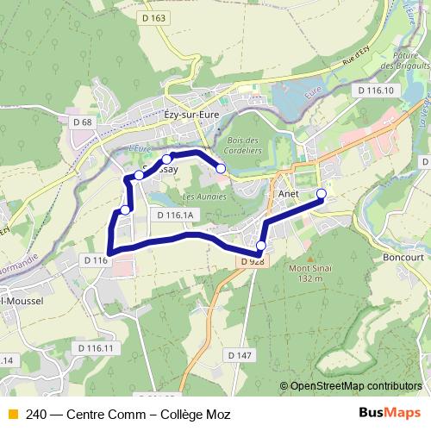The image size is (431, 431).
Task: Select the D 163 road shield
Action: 154,18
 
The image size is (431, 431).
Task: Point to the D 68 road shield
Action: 82,122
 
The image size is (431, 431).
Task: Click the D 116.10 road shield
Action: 374,90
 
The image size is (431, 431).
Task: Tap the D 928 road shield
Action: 252,261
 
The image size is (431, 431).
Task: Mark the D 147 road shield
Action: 240,354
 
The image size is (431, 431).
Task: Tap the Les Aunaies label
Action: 201,197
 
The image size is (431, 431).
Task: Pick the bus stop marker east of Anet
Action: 322,193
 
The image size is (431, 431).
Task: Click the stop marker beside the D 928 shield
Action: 261,246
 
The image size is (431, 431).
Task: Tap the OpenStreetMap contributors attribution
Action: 356,386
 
